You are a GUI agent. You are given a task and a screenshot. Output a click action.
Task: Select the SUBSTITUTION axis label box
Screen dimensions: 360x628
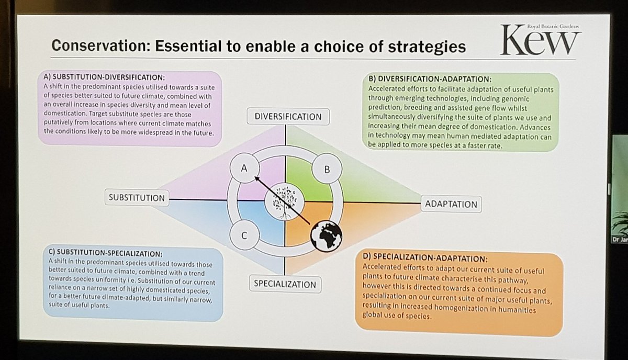click(137, 198)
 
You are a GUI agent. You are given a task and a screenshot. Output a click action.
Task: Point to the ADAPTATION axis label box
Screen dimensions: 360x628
click(451, 204)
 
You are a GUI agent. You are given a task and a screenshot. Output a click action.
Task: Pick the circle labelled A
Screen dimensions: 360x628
click(243, 168)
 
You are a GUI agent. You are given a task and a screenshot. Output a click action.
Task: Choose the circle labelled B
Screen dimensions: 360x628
click(327, 170)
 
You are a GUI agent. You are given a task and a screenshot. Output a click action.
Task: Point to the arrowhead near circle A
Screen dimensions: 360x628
click(257, 178)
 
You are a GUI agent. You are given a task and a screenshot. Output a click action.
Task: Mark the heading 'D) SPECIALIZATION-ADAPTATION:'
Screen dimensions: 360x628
click(424, 258)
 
